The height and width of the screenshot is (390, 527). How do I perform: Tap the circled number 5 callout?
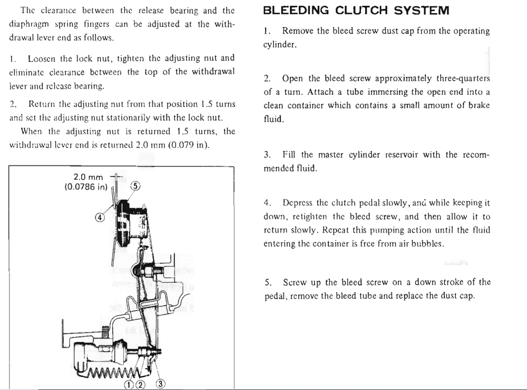pyautogui.click(x=135, y=186)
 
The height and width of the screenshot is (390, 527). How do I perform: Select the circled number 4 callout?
pyautogui.click(x=100, y=217)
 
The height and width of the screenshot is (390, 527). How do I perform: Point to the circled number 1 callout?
pyautogui.click(x=128, y=384)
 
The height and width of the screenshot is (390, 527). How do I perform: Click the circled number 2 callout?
pyautogui.click(x=140, y=384)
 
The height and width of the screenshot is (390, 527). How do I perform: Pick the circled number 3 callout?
pyautogui.click(x=161, y=383)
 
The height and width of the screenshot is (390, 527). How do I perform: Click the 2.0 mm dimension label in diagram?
pyautogui.click(x=88, y=178)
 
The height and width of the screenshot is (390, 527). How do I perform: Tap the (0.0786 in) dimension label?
pyautogui.click(x=86, y=187)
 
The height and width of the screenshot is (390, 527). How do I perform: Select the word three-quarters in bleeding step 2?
pyautogui.click(x=463, y=79)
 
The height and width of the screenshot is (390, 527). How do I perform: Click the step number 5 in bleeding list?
pyautogui.click(x=268, y=282)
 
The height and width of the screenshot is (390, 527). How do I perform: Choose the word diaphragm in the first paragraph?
pyautogui.click(x=30, y=24)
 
